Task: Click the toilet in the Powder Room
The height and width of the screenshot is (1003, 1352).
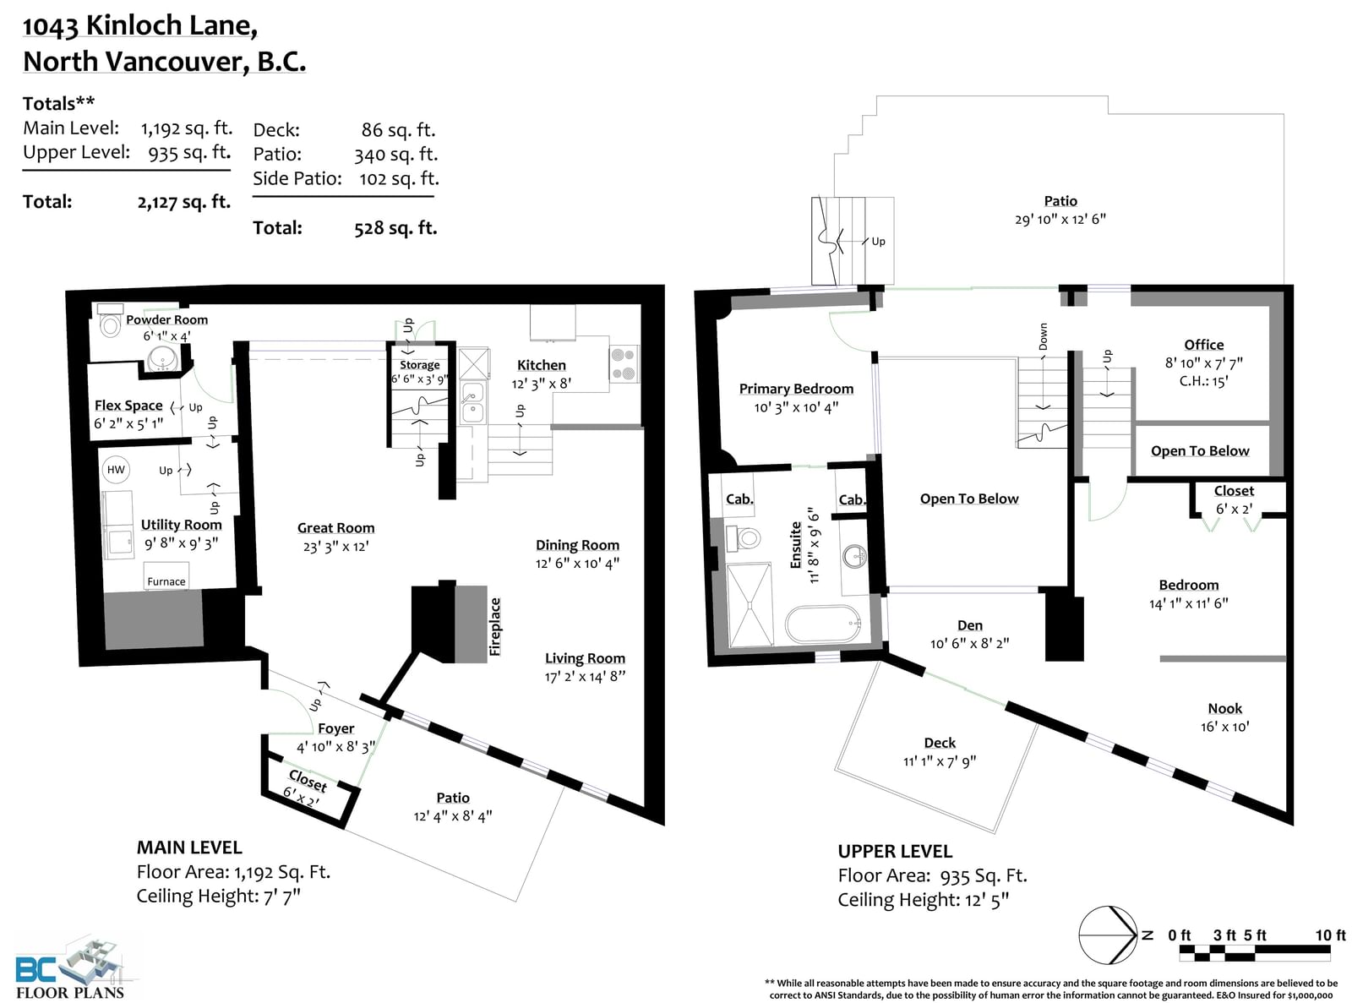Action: pos(109,321)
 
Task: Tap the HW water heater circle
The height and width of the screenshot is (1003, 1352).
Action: pos(116,470)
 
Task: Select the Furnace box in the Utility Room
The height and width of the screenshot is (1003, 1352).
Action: pos(166,576)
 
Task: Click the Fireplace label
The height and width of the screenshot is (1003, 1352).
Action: pos(495,627)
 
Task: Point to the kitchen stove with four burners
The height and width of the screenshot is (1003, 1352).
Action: pos(624,364)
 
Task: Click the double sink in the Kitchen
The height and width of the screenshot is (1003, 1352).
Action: pos(472,402)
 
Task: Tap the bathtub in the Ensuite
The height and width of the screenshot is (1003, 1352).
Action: pos(823,623)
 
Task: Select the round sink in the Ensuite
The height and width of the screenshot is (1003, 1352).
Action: pos(854,556)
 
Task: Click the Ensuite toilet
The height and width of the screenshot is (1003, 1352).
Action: pos(743,537)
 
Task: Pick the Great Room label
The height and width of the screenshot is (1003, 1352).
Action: pos(335,528)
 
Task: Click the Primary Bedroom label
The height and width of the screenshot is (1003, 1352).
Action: pos(796,389)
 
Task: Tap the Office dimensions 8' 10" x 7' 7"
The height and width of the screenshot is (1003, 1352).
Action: pos(1204,362)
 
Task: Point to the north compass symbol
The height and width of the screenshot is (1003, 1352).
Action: pos(1109,935)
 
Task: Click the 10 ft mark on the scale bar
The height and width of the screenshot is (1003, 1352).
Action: pos(1330,935)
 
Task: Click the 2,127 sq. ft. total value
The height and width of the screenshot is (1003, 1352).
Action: pos(184,202)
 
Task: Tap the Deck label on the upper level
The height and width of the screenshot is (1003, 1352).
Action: pos(940,743)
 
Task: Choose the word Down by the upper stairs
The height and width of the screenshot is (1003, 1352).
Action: pos(1043,336)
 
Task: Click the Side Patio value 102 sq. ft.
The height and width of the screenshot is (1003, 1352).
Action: pos(399,178)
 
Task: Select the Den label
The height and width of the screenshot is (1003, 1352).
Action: pos(970,625)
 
